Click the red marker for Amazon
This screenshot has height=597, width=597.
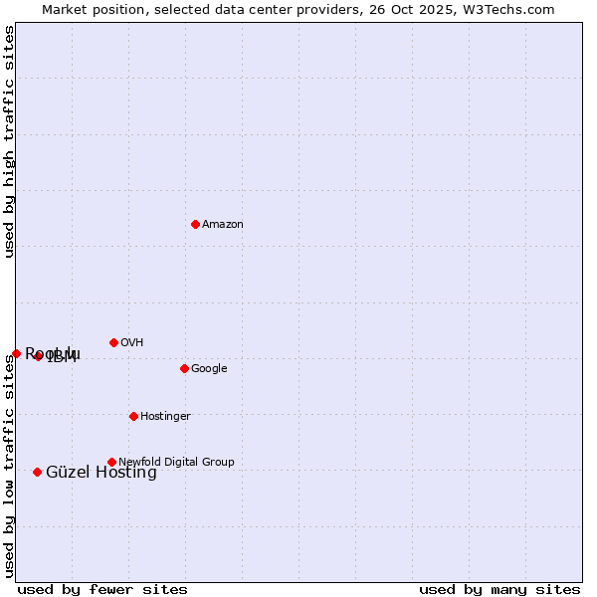coord(195,224)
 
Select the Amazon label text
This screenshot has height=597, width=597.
coord(223,225)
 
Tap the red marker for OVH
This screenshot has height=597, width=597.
coord(113,342)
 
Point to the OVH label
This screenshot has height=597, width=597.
coord(132,343)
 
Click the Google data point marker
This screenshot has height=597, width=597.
coord(184,368)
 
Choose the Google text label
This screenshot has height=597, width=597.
coord(209,369)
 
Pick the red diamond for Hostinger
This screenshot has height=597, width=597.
coord(133,416)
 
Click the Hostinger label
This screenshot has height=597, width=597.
coord(165,417)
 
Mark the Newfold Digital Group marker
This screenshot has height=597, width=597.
coord(111,462)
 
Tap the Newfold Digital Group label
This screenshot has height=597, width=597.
coord(176,463)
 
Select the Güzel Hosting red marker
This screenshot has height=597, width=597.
coord(37,472)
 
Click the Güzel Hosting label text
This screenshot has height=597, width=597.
coord(101,473)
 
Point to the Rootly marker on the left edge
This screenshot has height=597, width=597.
coord(16,353)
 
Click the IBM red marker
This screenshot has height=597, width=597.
coord(38,356)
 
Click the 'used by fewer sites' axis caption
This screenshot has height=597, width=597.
coord(102,589)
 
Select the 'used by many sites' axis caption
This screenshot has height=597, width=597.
coord(499,589)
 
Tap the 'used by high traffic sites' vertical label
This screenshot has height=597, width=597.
coord(9,141)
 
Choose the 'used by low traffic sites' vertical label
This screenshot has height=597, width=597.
coord(9,465)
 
